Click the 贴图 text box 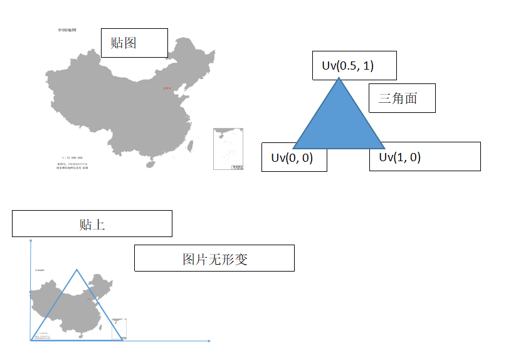[x=134, y=43]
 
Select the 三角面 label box [x=401, y=98]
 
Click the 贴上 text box [x=92, y=224]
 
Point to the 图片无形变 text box [x=214, y=258]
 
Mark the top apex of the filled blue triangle [x=339, y=78]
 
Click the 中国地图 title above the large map [x=67, y=30]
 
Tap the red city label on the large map [x=167, y=88]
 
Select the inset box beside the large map [x=228, y=149]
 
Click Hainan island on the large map [x=150, y=164]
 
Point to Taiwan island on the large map [x=192, y=146]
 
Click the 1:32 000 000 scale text [x=72, y=157]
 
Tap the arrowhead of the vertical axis [x=30, y=240]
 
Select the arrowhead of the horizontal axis [x=209, y=341]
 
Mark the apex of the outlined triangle [x=76, y=270]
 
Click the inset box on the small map [x=119, y=329]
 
